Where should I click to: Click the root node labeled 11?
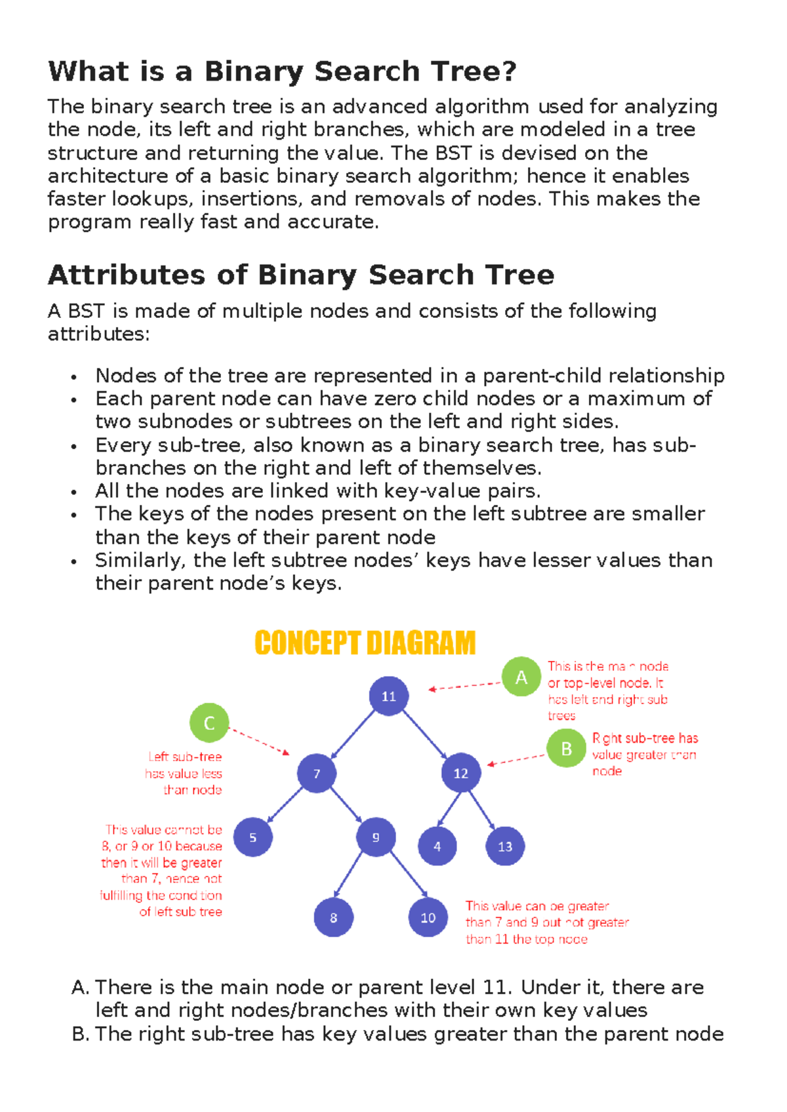[x=388, y=696]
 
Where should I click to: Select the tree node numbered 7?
[x=316, y=773]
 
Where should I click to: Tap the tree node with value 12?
[x=461, y=773]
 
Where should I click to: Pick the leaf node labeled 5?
[x=252, y=837]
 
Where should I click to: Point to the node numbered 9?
[x=376, y=837]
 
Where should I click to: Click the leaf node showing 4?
[x=437, y=846]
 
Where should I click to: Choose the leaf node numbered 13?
[x=505, y=846]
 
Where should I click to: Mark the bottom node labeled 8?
[x=333, y=917]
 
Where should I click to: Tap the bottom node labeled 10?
[x=428, y=917]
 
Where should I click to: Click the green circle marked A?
[x=521, y=677]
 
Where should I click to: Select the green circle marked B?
[x=566, y=748]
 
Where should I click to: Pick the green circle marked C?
[x=209, y=723]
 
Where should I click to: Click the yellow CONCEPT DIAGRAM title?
[x=365, y=643]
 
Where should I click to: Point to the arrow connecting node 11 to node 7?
[x=353, y=734]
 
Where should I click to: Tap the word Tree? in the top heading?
[x=474, y=71]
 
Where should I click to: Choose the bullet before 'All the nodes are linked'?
[x=75, y=492]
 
